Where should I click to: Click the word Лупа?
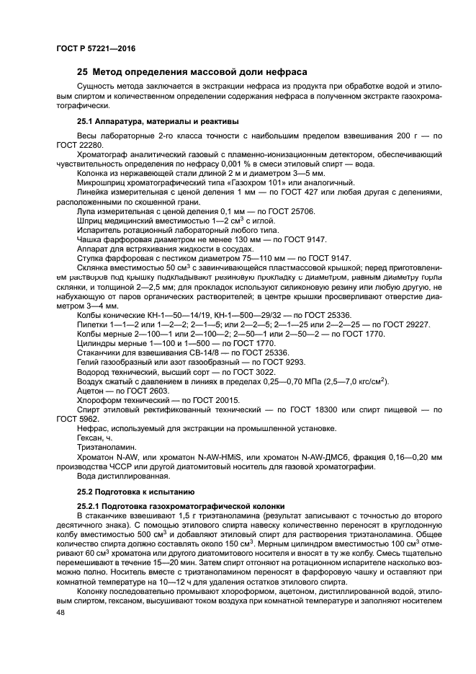[87, 210]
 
